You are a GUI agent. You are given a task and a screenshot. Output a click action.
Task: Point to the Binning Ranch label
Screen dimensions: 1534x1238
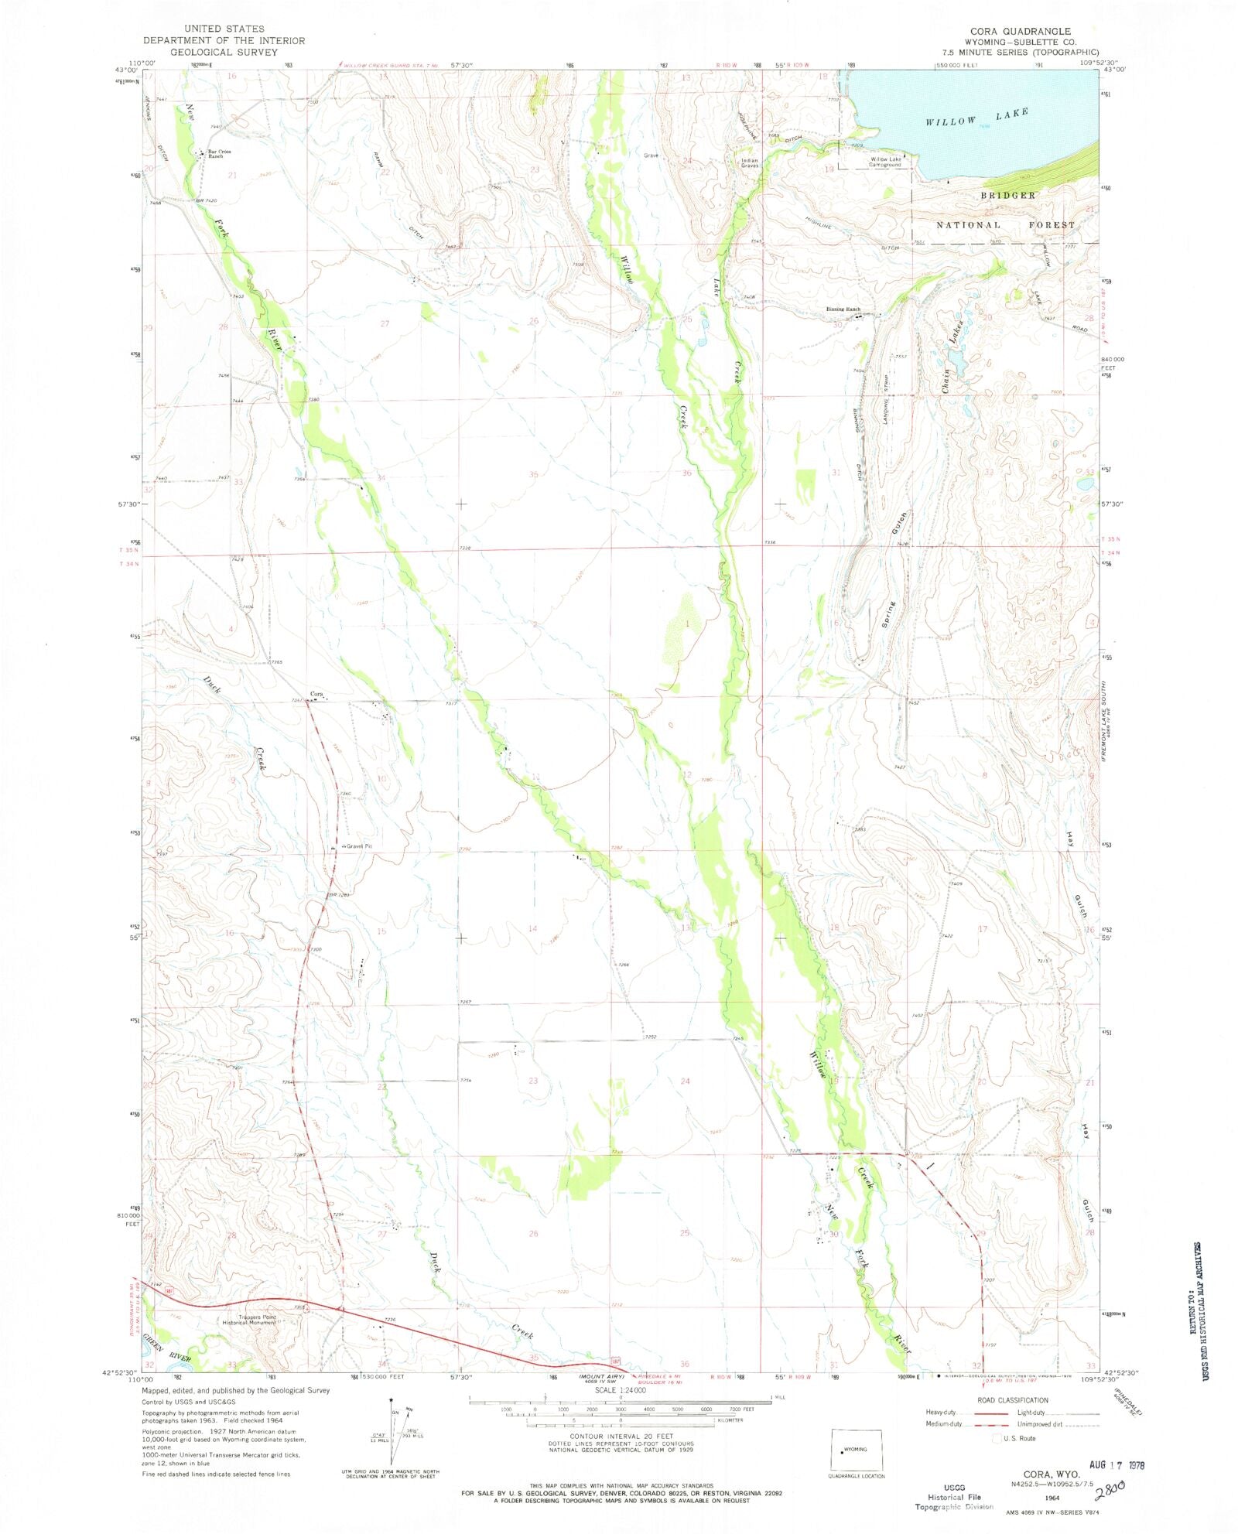pos(843,309)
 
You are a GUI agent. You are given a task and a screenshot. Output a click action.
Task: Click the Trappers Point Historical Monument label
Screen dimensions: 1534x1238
pos(250,1319)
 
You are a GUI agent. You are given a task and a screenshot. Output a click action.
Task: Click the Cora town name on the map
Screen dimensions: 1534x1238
pos(316,694)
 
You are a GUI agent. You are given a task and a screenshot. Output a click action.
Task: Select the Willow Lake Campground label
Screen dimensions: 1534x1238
pos(884,162)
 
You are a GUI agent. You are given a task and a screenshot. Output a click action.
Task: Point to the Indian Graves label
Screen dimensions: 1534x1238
pos(750,163)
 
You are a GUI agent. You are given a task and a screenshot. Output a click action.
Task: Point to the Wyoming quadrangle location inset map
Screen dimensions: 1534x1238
pos(855,1449)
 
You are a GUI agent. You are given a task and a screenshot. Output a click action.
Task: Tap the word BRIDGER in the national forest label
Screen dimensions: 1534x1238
pos(1007,195)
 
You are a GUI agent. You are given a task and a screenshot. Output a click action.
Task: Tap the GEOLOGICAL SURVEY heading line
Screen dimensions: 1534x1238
pos(224,52)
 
